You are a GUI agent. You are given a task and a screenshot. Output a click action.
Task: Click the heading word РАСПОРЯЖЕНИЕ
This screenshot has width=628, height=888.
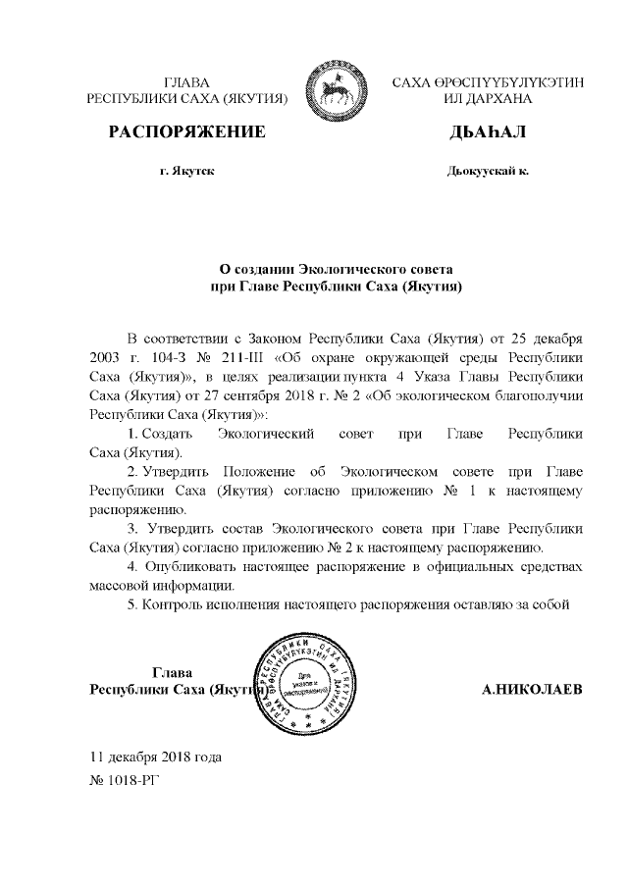click(186, 131)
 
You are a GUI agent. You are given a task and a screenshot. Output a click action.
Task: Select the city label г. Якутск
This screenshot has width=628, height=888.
click(186, 172)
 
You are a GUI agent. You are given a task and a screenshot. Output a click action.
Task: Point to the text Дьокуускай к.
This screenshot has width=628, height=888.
click(487, 172)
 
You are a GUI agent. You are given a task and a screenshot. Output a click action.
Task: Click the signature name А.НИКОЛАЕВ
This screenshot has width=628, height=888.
click(532, 689)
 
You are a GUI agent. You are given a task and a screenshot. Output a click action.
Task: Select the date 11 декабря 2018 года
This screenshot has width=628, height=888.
click(155, 757)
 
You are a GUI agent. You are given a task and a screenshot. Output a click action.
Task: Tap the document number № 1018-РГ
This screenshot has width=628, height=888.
click(123, 781)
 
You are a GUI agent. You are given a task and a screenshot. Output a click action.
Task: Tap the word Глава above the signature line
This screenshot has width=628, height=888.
click(172, 672)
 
